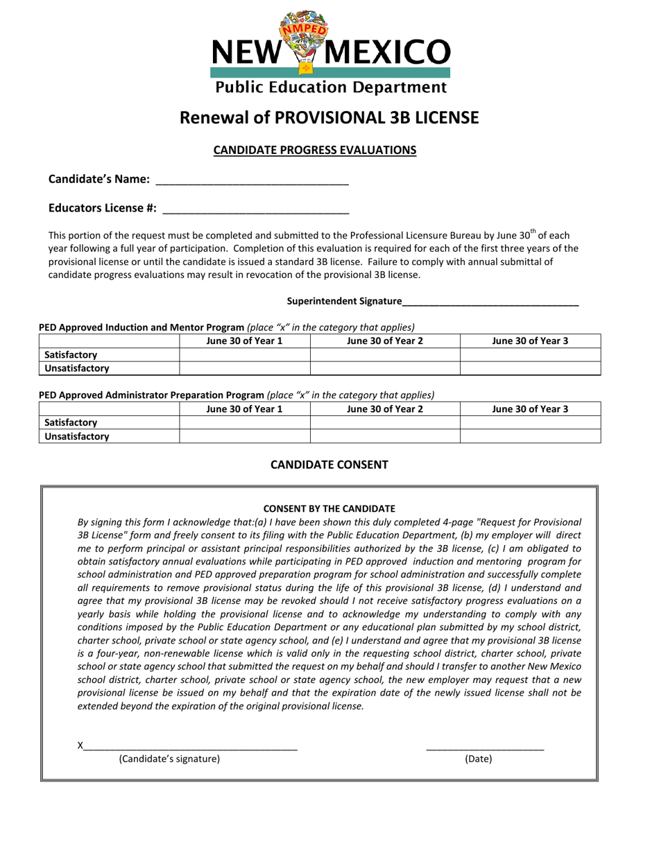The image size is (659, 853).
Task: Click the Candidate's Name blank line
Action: [x=252, y=180]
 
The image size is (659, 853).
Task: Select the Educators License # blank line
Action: [x=255, y=208]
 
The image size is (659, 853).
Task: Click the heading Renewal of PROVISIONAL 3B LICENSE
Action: [x=329, y=117]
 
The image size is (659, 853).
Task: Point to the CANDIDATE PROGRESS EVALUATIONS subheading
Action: [x=314, y=150]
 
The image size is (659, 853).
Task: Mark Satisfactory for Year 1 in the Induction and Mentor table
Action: [x=244, y=354]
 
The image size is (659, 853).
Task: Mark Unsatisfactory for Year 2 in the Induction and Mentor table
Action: [x=385, y=368]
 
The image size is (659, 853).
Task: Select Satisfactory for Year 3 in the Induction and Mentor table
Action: [x=530, y=354]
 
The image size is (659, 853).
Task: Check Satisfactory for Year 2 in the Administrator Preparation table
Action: [x=385, y=422]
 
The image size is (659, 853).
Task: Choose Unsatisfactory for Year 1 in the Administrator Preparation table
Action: [x=244, y=436]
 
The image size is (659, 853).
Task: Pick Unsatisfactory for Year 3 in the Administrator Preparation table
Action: [x=530, y=436]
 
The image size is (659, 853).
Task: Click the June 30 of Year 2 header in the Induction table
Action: [x=385, y=341]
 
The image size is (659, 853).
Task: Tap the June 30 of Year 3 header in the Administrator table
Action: [x=530, y=409]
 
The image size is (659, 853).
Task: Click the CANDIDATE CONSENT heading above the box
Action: [x=329, y=465]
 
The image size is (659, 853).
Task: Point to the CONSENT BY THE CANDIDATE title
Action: [x=329, y=508]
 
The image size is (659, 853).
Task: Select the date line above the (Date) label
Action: [x=485, y=746]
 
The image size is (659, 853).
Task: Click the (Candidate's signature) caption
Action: [x=169, y=759]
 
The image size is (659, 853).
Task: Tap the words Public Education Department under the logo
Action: [x=329, y=87]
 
